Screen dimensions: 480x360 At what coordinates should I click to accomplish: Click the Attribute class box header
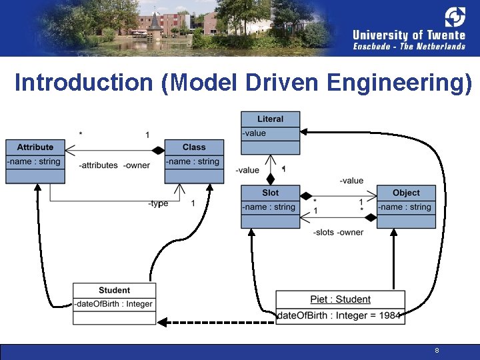click(x=35, y=147)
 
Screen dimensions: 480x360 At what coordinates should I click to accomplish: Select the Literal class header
click(x=270, y=119)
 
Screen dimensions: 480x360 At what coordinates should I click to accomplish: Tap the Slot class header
click(x=270, y=193)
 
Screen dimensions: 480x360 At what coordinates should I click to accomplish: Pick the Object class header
click(x=406, y=193)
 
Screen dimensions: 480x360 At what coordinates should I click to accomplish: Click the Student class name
click(x=114, y=290)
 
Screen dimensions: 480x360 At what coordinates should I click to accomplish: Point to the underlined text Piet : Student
click(x=341, y=299)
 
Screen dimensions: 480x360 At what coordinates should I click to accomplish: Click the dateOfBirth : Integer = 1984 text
click(x=339, y=315)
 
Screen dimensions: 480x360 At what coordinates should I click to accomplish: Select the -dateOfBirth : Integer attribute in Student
click(x=113, y=304)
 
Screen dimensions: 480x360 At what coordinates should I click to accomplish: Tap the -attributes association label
click(x=98, y=165)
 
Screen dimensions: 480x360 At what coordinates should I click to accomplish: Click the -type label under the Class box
click(x=158, y=203)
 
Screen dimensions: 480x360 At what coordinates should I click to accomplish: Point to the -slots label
click(x=323, y=233)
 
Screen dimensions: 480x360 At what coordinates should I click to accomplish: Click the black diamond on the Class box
click(x=158, y=150)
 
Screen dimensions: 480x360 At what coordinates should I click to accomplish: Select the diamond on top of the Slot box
click(x=270, y=179)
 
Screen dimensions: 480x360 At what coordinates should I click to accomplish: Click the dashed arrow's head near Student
click(x=162, y=323)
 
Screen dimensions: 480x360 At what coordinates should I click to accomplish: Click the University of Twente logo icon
click(x=455, y=17)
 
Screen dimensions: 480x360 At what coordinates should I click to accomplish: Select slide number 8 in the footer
click(x=437, y=350)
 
